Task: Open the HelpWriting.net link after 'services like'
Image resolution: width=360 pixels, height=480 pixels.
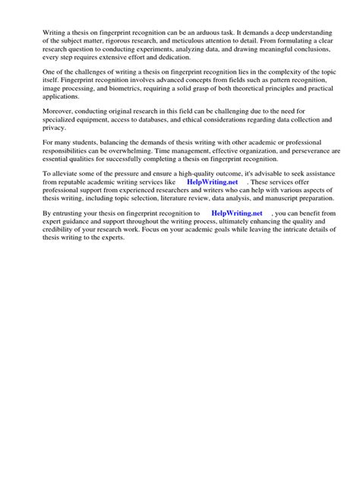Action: click(211, 183)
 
